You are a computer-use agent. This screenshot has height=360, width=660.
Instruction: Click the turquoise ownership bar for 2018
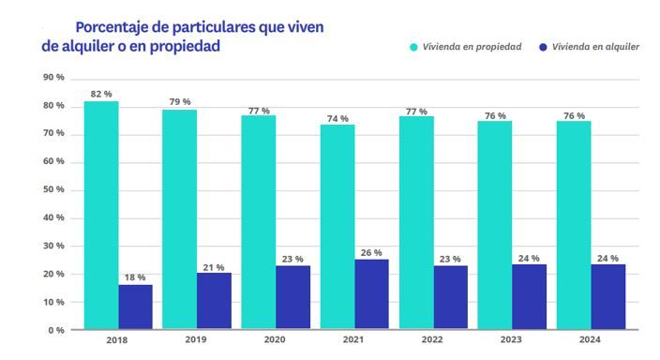tap(101, 215)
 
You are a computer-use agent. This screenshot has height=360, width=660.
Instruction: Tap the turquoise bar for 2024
tap(574, 225)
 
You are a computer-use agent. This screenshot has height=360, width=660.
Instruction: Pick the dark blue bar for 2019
tap(214, 301)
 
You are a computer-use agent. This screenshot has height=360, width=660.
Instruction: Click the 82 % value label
tap(101, 94)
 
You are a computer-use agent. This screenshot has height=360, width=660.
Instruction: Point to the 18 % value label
tap(135, 277)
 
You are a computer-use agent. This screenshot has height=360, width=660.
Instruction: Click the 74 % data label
tap(337, 118)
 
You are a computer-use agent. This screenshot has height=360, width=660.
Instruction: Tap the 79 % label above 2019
tap(180, 101)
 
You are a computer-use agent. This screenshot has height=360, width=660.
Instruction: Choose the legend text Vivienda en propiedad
tap(473, 46)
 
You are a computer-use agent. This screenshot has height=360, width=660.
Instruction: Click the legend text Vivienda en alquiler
tap(596, 46)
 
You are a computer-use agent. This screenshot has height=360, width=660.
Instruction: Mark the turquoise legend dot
tap(412, 46)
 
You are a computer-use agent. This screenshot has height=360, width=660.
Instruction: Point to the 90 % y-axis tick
tap(53, 77)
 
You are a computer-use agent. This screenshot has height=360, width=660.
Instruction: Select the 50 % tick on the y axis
tap(53, 189)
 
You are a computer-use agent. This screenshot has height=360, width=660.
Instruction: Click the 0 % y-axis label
tap(56, 330)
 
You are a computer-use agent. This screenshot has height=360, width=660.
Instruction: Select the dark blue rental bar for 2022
tap(449, 298)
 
